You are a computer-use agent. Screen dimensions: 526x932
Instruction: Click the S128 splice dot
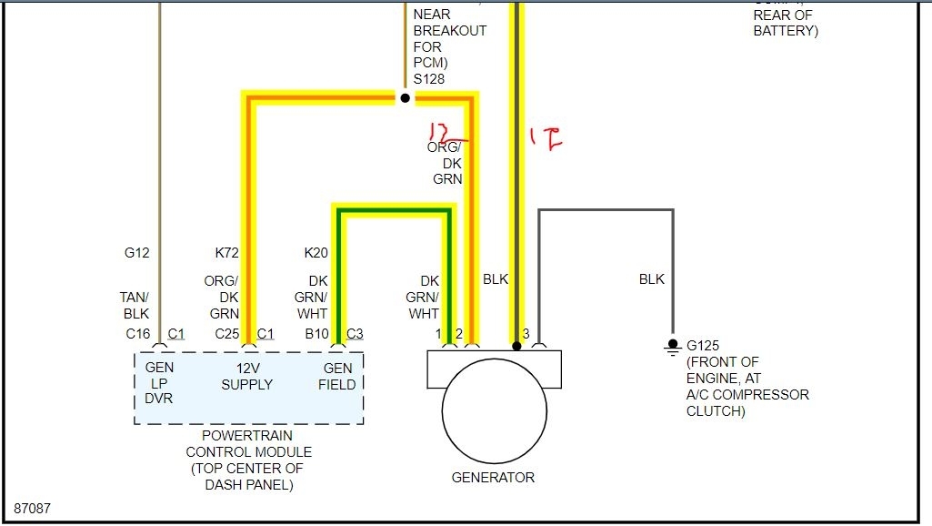405,97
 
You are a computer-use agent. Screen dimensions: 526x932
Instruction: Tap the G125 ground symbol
673,345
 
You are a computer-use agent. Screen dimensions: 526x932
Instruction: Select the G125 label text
704,346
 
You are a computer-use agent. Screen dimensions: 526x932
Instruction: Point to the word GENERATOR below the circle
493,477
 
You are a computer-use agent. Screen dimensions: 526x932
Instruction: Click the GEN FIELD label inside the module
339,376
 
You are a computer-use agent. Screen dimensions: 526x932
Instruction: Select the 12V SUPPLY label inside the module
246,376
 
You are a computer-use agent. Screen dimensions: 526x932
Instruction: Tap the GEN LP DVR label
159,383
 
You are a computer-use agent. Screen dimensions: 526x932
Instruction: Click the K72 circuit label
226,253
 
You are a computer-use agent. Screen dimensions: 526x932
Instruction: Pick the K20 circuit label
316,253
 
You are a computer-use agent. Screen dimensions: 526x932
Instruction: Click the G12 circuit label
136,253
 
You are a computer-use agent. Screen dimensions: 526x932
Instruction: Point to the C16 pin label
137,334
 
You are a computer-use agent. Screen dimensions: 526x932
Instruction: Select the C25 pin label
226,334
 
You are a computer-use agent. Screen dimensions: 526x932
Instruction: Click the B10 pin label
316,334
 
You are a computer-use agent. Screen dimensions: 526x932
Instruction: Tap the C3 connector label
355,334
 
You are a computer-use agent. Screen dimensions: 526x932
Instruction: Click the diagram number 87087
32,508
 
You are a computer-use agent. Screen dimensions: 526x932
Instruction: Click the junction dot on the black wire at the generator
516,346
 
